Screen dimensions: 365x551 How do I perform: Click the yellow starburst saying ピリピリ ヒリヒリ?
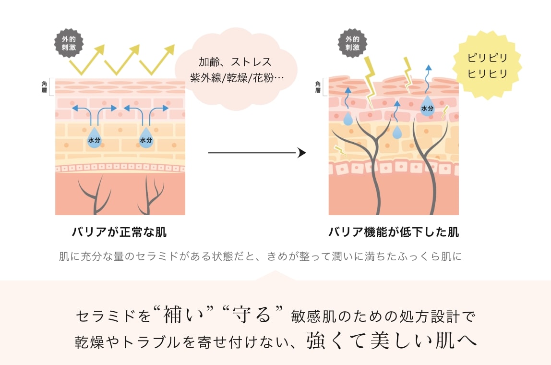[x=487, y=66]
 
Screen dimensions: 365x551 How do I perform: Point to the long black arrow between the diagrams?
[x=257, y=153]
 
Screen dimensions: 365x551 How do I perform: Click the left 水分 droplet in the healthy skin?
[x=94, y=138]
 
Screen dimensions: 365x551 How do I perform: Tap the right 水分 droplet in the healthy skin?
[x=146, y=138]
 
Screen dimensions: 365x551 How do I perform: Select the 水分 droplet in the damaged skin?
[x=427, y=107]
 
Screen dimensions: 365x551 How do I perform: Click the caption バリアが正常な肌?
[x=119, y=232]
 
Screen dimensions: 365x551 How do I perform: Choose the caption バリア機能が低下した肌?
[x=394, y=232]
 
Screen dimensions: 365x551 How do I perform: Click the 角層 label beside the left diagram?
[x=45, y=87]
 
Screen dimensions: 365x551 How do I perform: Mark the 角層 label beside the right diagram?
[x=318, y=87]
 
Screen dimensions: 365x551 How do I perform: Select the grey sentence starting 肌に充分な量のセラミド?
[x=260, y=256]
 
